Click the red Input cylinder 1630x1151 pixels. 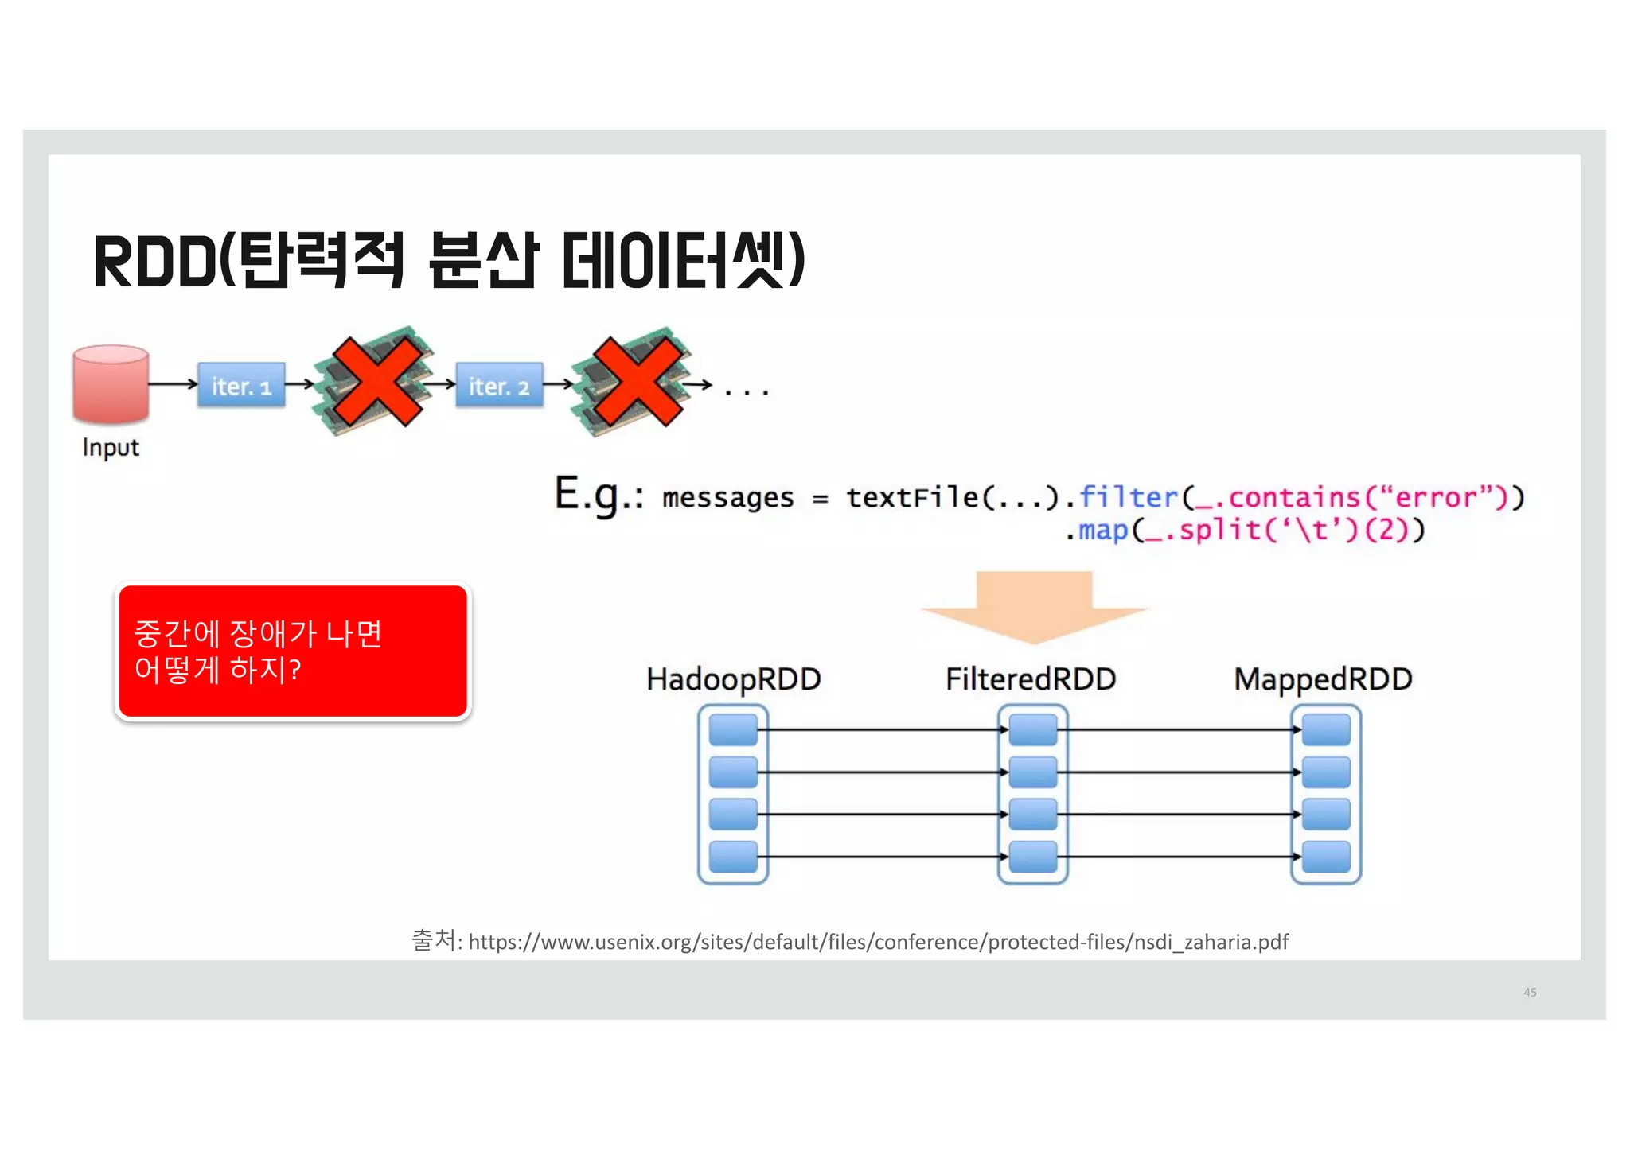click(x=111, y=384)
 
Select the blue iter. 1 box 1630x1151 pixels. click(x=241, y=386)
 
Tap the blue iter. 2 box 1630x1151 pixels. click(x=499, y=386)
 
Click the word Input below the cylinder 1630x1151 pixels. click(x=111, y=448)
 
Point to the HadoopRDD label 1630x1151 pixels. click(x=733, y=679)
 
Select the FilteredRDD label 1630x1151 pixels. click(x=1031, y=679)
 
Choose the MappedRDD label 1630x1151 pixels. click(x=1323, y=679)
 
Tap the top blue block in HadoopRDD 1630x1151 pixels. click(x=732, y=729)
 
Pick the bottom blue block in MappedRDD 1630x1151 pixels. click(x=1326, y=857)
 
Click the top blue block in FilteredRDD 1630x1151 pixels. click(x=1033, y=729)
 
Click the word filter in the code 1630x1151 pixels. click(x=1128, y=497)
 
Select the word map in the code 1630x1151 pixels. click(x=1103, y=530)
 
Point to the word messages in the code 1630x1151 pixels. click(x=727, y=498)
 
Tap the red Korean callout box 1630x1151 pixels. click(x=293, y=651)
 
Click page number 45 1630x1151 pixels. click(x=1530, y=992)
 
